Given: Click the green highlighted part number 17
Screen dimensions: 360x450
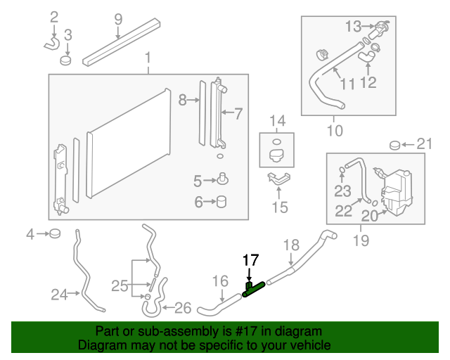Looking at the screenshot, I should pyautogui.click(x=253, y=289).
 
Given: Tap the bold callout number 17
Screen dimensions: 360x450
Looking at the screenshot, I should pyautogui.click(x=251, y=260).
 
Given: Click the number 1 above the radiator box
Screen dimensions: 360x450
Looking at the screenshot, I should pyautogui.click(x=148, y=57).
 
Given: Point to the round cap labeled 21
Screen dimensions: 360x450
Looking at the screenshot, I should pyautogui.click(x=395, y=146).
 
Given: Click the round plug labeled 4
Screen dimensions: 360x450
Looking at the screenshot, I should pyautogui.click(x=56, y=233).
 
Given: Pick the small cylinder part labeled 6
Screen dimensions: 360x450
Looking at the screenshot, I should pyautogui.click(x=222, y=202).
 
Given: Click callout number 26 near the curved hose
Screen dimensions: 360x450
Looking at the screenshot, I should pyautogui.click(x=181, y=307).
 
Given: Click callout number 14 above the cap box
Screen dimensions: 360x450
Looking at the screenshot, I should pyautogui.click(x=278, y=120).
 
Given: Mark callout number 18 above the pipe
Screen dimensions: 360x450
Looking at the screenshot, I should pyautogui.click(x=291, y=245).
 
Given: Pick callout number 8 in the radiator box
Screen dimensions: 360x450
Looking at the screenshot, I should pyautogui.click(x=184, y=101).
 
